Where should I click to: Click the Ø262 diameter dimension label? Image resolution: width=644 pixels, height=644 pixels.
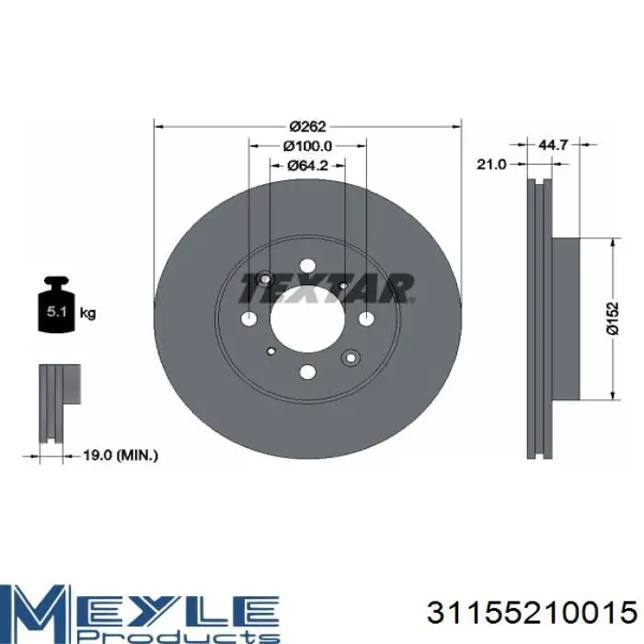(307, 126)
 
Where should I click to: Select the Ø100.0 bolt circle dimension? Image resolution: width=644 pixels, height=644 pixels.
(307, 145)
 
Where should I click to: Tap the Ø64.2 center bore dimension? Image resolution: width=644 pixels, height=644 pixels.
(307, 165)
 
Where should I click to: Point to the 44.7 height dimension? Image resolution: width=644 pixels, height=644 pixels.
(552, 144)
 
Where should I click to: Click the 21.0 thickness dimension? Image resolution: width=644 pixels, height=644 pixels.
(491, 165)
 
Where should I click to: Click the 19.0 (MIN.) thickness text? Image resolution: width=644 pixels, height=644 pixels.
(121, 455)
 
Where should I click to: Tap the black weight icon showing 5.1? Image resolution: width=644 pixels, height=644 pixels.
(56, 305)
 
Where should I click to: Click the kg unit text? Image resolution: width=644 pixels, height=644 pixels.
(87, 314)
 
